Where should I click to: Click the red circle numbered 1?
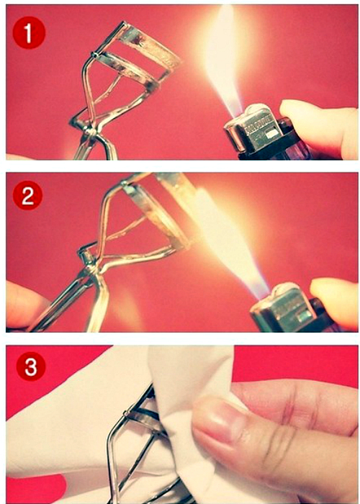pos(29,33)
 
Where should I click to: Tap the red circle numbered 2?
pos(27,195)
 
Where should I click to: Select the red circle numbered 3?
pos(31,367)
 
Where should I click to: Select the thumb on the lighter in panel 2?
pos(334,300)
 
